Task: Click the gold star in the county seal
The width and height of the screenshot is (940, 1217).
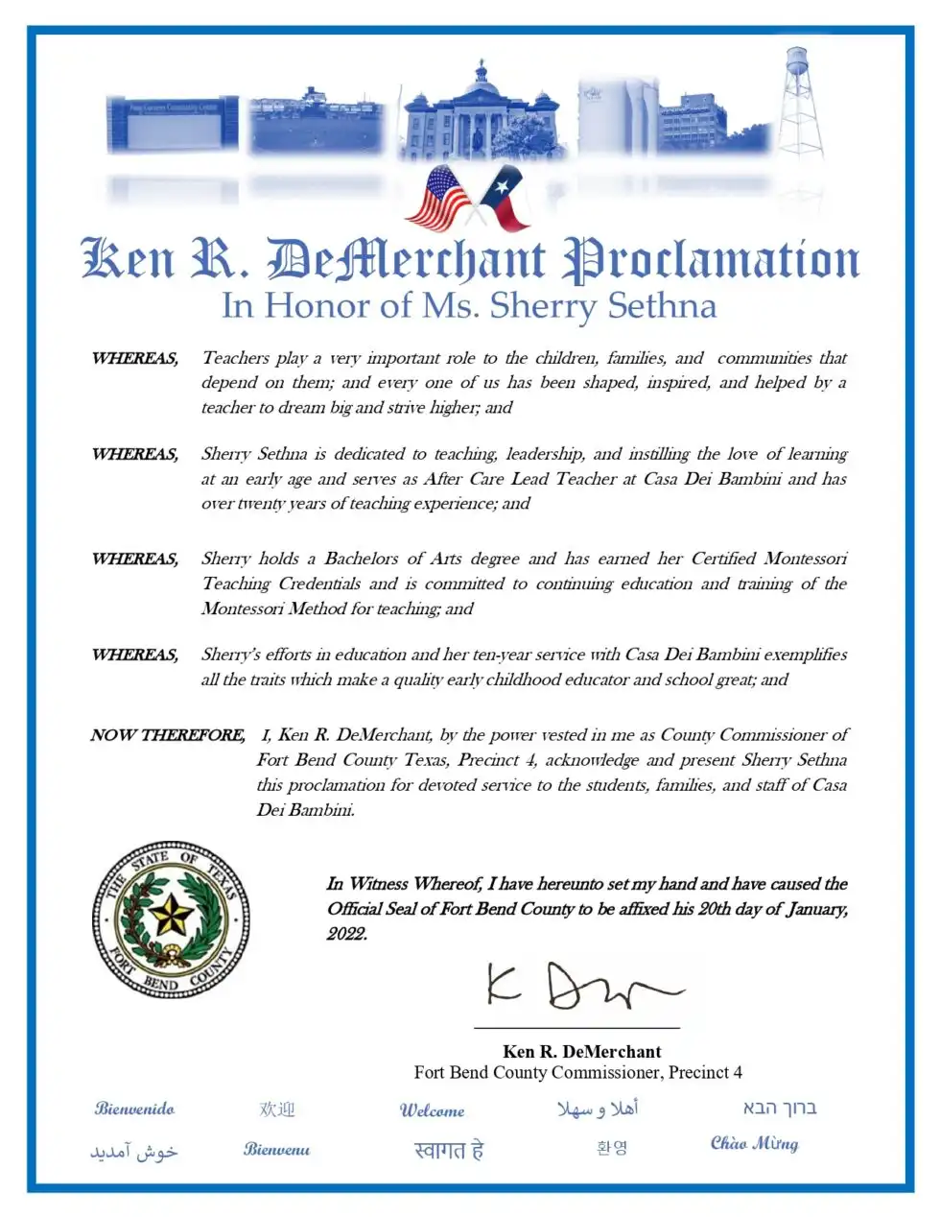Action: coord(171,917)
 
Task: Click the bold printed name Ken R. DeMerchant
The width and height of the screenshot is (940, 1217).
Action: coord(581,1051)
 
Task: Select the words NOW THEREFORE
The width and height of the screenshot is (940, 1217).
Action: coord(168,735)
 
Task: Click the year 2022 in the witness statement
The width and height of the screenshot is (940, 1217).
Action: coord(346,934)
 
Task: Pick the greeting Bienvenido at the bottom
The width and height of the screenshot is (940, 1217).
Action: coord(134,1109)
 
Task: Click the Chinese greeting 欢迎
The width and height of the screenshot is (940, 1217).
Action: coord(277,1110)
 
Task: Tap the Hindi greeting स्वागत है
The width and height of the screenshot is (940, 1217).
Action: coord(449,1149)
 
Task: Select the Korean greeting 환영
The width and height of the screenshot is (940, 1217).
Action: coord(612,1148)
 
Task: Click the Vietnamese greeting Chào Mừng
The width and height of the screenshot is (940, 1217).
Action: coord(754,1143)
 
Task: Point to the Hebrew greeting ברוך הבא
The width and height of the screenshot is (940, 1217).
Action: coord(779,1108)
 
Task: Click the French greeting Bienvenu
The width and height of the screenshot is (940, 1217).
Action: coord(276,1149)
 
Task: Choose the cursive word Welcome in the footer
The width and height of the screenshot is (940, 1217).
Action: coord(432,1110)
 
